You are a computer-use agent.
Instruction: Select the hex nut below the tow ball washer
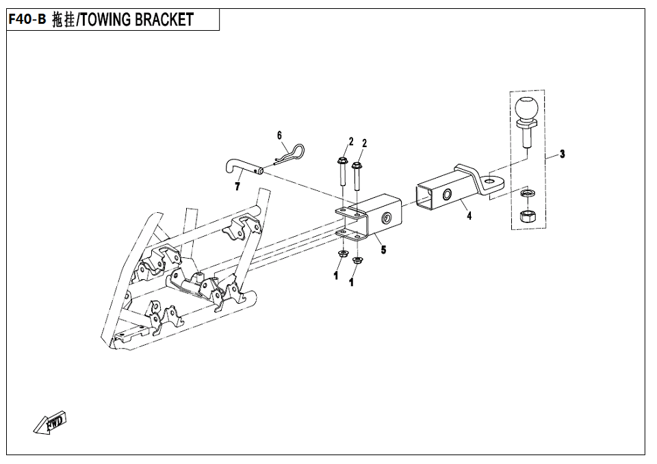coord(526,217)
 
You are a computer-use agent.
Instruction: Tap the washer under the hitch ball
coord(526,193)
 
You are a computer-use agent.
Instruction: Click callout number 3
coord(563,154)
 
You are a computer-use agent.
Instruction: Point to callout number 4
coord(469,216)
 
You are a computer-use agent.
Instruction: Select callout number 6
coord(279,135)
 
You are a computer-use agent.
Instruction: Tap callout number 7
coord(237,187)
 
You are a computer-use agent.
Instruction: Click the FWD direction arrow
coord(50,422)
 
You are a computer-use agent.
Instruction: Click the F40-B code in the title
coord(27,19)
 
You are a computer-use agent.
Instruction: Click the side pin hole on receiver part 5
coord(386,218)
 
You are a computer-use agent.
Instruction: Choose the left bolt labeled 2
coord(342,171)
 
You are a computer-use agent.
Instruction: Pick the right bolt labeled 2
coord(357,176)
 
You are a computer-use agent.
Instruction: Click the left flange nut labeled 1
coord(342,253)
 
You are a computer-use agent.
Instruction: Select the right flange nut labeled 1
coord(357,260)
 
